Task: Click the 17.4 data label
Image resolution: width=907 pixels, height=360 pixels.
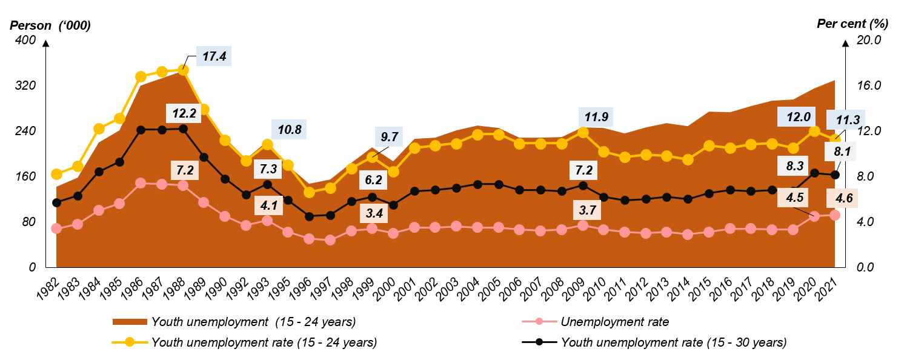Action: click(214, 56)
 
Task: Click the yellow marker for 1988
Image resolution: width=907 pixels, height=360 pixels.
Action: click(183, 70)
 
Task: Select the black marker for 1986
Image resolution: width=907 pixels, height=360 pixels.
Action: click(141, 130)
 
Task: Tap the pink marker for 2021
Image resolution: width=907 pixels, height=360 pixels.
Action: click(834, 215)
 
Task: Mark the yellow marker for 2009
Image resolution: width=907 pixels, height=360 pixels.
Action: click(583, 132)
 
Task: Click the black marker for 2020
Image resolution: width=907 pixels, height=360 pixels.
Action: click(814, 173)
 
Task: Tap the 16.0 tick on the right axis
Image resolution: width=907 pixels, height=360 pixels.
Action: click(867, 85)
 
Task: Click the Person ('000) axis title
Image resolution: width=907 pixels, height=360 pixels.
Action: click(50, 25)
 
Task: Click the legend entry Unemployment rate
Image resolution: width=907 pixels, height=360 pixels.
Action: click(614, 322)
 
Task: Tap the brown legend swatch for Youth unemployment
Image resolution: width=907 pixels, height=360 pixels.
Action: click(130, 322)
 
